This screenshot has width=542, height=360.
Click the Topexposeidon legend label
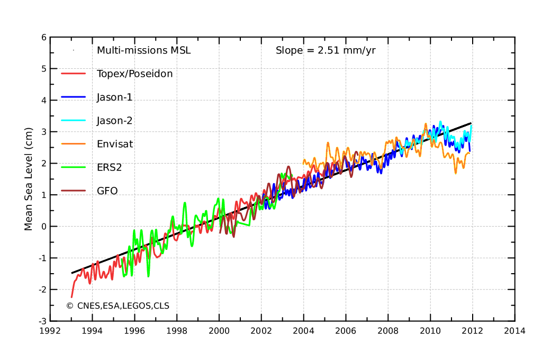134,74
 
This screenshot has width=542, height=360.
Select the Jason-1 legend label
114,97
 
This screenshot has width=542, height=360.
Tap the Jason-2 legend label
114,120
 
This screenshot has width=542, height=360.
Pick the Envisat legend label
115,143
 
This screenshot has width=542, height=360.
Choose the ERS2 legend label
109,167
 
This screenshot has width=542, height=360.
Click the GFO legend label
107,190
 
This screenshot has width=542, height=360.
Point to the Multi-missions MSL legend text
143,50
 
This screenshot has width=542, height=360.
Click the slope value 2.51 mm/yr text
326,50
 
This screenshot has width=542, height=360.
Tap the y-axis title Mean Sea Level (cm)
29,179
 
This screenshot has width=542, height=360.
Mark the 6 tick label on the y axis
43,37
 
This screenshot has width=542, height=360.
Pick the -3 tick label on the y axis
42,321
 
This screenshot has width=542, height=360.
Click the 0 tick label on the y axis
43,227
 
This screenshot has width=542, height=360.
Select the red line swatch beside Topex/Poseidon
73,74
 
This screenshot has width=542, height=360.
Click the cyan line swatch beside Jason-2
73,120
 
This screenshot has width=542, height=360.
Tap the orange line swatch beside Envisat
73,143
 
